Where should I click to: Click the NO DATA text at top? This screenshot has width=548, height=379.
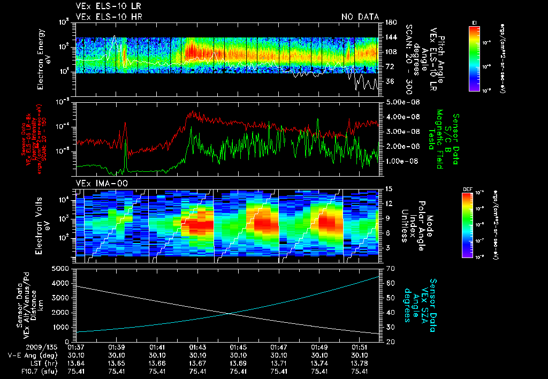click(x=360, y=17)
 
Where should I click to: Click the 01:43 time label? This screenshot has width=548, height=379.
click(x=197, y=347)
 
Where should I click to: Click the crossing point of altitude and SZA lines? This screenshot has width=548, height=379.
click(x=230, y=314)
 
